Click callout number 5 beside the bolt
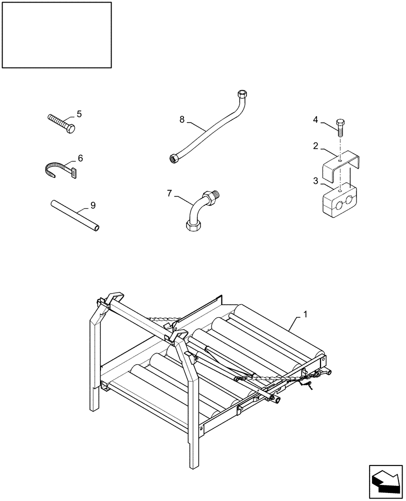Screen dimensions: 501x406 tap(78, 114)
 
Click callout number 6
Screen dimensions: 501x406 tap(80, 158)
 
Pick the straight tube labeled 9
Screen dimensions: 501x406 tap(74, 215)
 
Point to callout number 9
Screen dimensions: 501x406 tap(93, 205)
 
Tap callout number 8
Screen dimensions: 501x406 tap(182, 119)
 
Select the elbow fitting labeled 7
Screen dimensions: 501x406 tap(198, 210)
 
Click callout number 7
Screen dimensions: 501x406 tap(169, 193)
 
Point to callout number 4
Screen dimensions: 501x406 tap(316, 119)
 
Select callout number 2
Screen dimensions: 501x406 tap(316, 146)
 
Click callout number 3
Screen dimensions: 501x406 tap(316, 181)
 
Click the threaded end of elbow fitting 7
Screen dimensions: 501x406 tap(214, 193)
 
